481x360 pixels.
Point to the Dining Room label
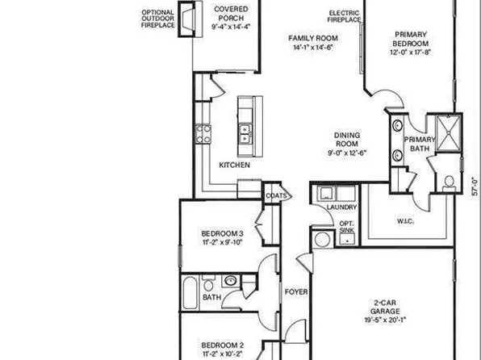347,143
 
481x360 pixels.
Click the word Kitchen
235,165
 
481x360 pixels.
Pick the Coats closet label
274,195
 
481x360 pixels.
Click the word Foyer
295,291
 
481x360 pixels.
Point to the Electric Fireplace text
344,16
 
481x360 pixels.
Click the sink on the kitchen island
245,132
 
